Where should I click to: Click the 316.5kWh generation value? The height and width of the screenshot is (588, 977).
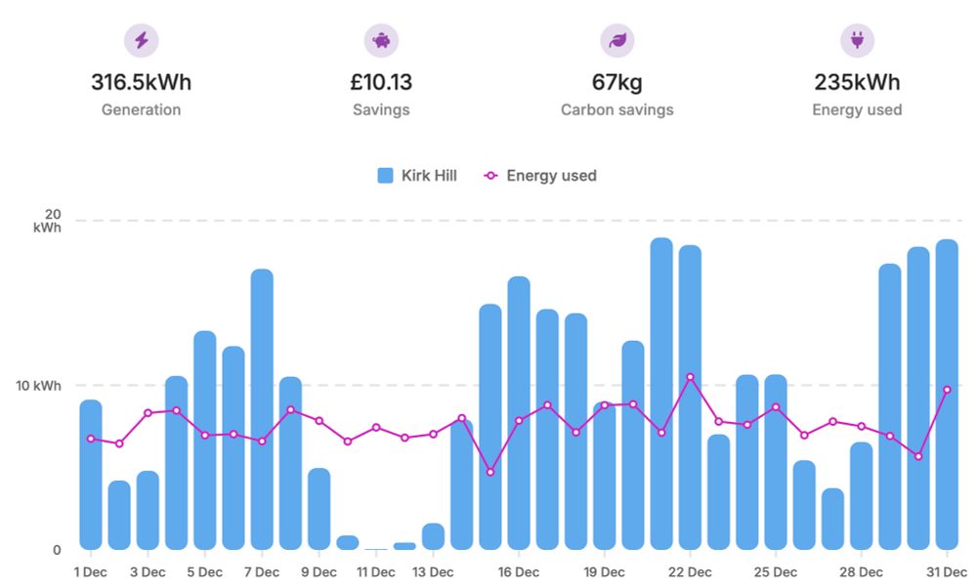(x=141, y=82)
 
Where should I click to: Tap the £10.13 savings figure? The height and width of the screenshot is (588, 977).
(x=381, y=82)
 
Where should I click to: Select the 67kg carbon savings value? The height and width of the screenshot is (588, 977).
(x=616, y=82)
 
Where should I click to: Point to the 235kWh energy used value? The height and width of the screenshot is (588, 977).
(x=857, y=82)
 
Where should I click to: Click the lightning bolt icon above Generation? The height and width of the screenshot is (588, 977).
(x=141, y=40)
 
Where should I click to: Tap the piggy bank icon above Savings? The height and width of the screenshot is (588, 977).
(x=381, y=40)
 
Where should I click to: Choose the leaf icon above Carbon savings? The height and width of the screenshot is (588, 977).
(x=616, y=40)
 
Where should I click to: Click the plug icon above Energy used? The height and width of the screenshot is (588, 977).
(x=857, y=40)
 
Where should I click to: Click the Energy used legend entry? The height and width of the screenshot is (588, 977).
(x=540, y=176)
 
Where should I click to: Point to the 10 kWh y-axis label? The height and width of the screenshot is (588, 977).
(x=40, y=386)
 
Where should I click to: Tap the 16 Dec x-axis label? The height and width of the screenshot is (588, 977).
(x=518, y=572)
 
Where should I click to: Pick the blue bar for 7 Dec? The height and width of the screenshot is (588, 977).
(x=262, y=410)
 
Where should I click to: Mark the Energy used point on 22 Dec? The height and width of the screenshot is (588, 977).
(x=690, y=377)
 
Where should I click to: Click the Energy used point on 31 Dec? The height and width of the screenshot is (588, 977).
(x=947, y=390)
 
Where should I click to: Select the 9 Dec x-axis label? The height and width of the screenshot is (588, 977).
(x=319, y=572)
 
